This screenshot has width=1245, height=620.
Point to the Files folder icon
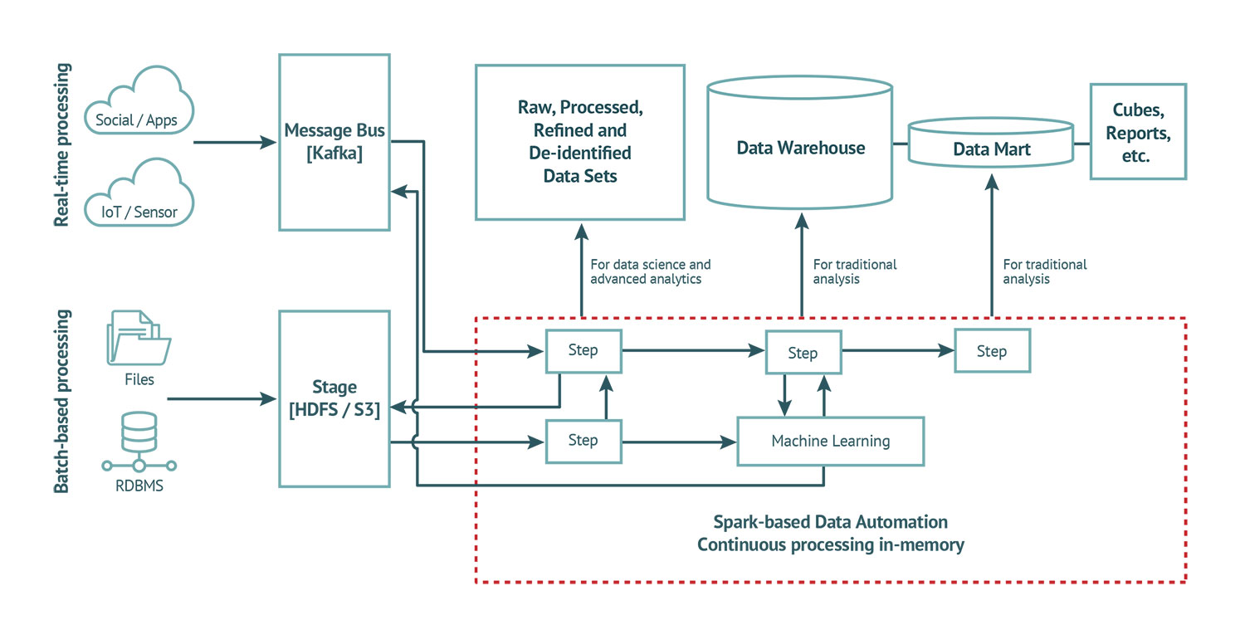tap(139, 337)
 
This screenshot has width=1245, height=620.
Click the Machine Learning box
tap(830, 441)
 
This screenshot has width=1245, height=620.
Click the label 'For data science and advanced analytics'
tap(650, 271)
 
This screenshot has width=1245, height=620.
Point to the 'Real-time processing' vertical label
tap(61, 144)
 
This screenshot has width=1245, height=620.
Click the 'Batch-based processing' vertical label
tap(61, 401)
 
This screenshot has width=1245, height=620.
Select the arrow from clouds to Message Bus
tap(235, 143)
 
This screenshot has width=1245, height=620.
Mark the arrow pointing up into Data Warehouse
tap(802, 265)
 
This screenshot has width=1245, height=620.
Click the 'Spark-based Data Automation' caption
tap(830, 522)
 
